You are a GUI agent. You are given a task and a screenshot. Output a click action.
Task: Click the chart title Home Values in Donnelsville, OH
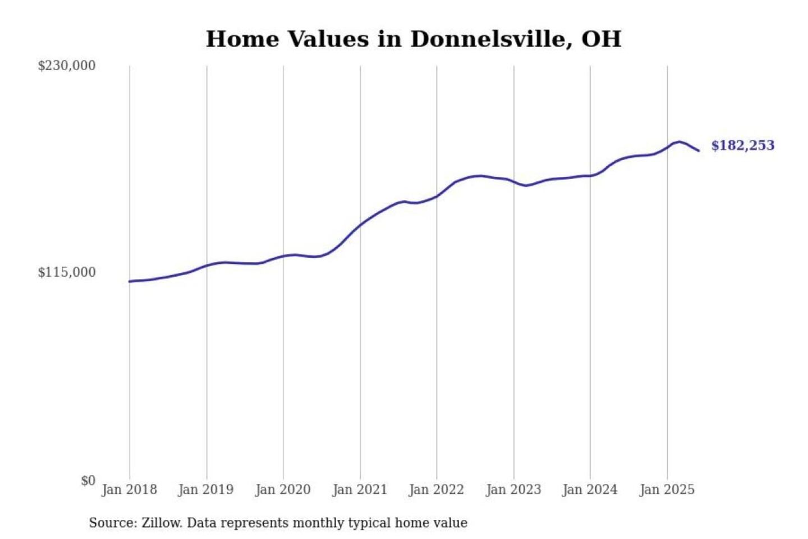pyautogui.click(x=414, y=39)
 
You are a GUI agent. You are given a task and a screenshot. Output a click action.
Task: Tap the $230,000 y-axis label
pyautogui.click(x=67, y=66)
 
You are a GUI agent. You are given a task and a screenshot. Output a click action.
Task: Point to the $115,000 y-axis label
pyautogui.click(x=67, y=272)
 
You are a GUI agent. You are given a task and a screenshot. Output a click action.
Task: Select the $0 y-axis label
pyautogui.click(x=88, y=481)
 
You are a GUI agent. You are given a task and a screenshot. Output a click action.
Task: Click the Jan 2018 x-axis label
pyautogui.click(x=129, y=490)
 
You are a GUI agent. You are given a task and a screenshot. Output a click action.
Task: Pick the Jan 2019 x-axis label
pyautogui.click(x=206, y=490)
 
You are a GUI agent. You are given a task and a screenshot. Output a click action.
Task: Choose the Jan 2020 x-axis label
pyautogui.click(x=283, y=490)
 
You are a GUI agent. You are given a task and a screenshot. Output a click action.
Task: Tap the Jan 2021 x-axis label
pyautogui.click(x=360, y=490)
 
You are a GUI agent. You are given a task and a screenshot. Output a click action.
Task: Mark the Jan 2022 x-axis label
pyautogui.click(x=437, y=490)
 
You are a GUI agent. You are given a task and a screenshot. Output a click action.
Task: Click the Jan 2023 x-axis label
pyautogui.click(x=513, y=490)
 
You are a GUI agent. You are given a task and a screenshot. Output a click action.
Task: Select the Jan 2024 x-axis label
pyautogui.click(x=590, y=490)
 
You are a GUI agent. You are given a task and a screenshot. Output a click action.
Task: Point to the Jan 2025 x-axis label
pyautogui.click(x=667, y=490)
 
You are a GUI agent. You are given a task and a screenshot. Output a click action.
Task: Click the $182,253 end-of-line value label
pyautogui.click(x=742, y=145)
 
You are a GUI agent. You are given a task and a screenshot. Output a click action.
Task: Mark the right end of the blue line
pyautogui.click(x=699, y=150)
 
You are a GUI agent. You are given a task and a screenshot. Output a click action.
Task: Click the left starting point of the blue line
pyautogui.click(x=130, y=281)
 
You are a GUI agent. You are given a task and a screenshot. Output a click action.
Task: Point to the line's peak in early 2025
pyautogui.click(x=680, y=141)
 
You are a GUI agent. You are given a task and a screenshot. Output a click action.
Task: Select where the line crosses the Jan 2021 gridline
pyautogui.click(x=360, y=225)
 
